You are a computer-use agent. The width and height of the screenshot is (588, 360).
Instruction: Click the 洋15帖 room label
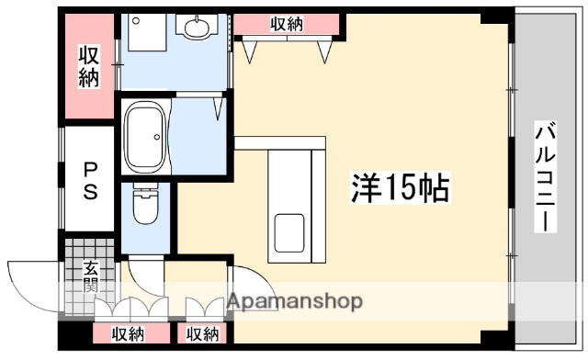(x=400, y=187)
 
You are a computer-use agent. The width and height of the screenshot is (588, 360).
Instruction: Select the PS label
(x=91, y=182)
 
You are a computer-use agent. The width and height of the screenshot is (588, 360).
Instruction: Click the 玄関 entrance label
(x=92, y=276)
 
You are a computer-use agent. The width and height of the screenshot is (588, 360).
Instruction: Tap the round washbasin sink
(x=197, y=28)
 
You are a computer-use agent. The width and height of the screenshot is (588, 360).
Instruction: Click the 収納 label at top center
(x=288, y=25)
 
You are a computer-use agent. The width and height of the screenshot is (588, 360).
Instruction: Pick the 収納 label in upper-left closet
(x=88, y=67)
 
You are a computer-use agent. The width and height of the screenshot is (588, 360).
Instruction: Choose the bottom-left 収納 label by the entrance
(x=128, y=333)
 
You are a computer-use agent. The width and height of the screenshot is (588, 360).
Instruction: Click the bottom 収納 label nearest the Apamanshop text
(x=203, y=333)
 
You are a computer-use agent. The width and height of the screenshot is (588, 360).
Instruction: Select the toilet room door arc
(x=142, y=271)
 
